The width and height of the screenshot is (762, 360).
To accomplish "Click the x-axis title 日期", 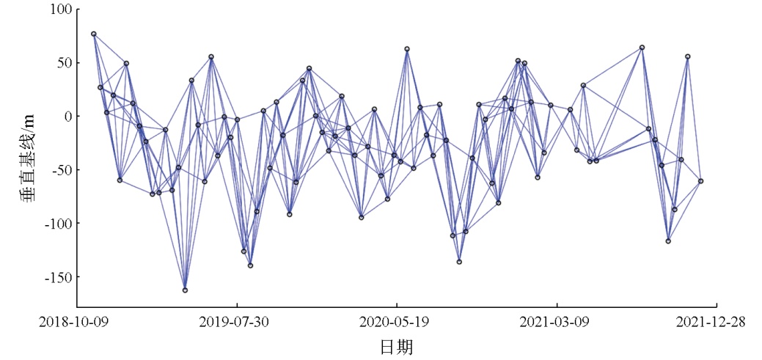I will [x=396, y=345].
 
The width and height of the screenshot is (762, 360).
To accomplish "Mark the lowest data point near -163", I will [x=185, y=290].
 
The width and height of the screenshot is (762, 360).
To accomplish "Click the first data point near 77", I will [x=94, y=34].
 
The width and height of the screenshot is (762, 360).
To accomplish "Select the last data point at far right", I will [x=700, y=181].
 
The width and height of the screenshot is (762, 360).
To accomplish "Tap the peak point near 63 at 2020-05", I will [x=407, y=49].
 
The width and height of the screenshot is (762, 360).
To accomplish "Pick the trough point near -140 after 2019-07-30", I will [x=250, y=265].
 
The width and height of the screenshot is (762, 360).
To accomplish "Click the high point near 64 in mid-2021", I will [x=642, y=48].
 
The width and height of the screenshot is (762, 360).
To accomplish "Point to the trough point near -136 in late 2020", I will [x=459, y=262].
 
